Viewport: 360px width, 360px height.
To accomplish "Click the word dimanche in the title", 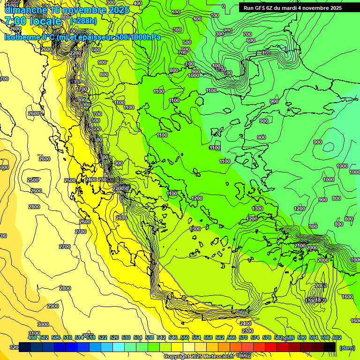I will pyautogui.click(x=25, y=10).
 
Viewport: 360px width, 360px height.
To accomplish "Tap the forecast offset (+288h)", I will pyautogui.click(x=84, y=21).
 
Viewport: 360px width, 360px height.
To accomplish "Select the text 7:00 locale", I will pyautogui.click(x=33, y=21).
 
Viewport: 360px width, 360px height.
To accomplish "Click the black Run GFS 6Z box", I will pyautogui.click(x=292, y=7).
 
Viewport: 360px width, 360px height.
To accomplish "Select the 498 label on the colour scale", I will pyautogui.click(x=32, y=337).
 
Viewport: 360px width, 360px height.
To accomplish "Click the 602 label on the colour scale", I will pyautogui.click(x=337, y=337).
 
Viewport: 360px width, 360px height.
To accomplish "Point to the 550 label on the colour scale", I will pyautogui.click(x=185, y=337).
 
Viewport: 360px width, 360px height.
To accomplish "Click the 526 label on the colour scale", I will pyautogui.click(x=114, y=337).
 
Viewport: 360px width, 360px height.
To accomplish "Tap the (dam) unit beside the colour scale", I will pyautogui.click(x=346, y=348).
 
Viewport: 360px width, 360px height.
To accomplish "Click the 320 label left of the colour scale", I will pyautogui.click(x=14, y=347).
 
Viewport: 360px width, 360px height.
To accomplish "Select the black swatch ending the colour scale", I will pyautogui.click(x=330, y=347).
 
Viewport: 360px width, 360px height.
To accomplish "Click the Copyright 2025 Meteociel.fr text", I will pyautogui.click(x=199, y=356).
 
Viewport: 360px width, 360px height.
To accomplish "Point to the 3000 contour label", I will pyautogui.click(x=43, y=324).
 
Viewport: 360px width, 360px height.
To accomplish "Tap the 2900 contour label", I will pyautogui.click(x=53, y=306).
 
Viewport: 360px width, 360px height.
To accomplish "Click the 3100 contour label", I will pyautogui.click(x=34, y=333).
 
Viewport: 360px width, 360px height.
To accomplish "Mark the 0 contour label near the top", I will pyautogui.click(x=223, y=6).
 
